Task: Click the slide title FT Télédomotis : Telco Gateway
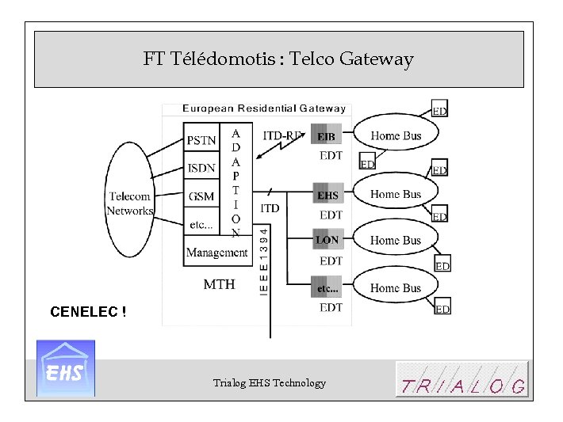[x=278, y=59]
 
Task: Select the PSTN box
[x=201, y=140]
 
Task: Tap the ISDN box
[x=201, y=168]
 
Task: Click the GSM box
[x=201, y=196]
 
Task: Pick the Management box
[x=216, y=253]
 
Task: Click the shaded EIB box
[x=326, y=136]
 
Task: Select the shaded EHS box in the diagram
[x=327, y=195]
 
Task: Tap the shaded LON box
[x=327, y=240]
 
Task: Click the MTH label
[x=219, y=283]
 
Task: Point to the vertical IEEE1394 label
[x=264, y=260]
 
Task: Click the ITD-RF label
[x=282, y=135]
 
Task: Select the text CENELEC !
[x=88, y=312]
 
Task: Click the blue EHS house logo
[x=66, y=368]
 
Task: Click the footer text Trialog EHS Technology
[x=269, y=383]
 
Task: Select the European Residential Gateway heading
[x=264, y=108]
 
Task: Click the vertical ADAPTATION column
[x=236, y=183]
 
